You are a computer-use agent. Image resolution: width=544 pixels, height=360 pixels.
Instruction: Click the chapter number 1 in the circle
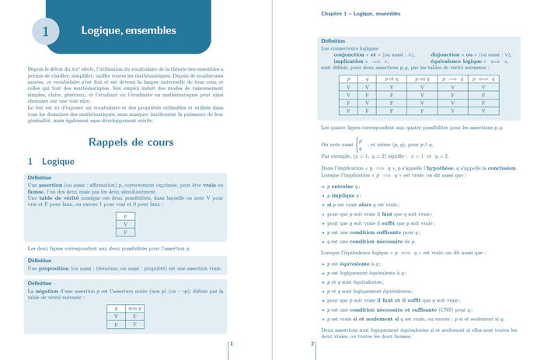pos(45,32)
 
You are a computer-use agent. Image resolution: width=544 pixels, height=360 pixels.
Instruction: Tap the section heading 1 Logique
pos(51,162)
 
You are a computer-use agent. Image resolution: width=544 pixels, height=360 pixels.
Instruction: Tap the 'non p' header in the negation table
pos(134,309)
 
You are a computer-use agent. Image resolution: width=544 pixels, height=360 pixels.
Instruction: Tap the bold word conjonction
pos(350,54)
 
